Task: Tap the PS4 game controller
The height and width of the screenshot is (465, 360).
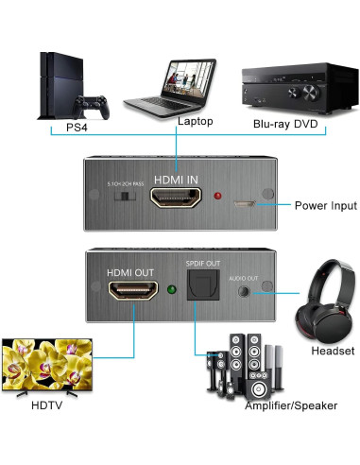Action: point(94,108)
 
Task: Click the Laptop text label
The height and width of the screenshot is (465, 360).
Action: point(195,122)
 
